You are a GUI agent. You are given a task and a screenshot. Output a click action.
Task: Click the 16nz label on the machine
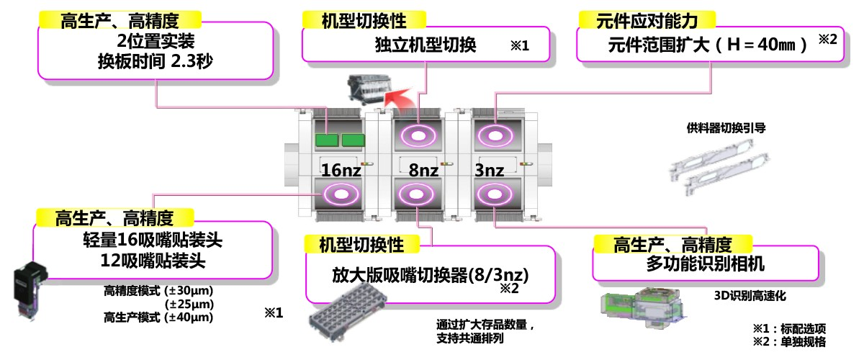click(341, 171)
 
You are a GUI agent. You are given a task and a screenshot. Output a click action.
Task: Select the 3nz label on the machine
click(492, 171)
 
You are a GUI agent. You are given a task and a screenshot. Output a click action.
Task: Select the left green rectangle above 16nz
click(327, 139)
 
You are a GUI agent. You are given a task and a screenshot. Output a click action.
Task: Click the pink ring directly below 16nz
click(338, 194)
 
